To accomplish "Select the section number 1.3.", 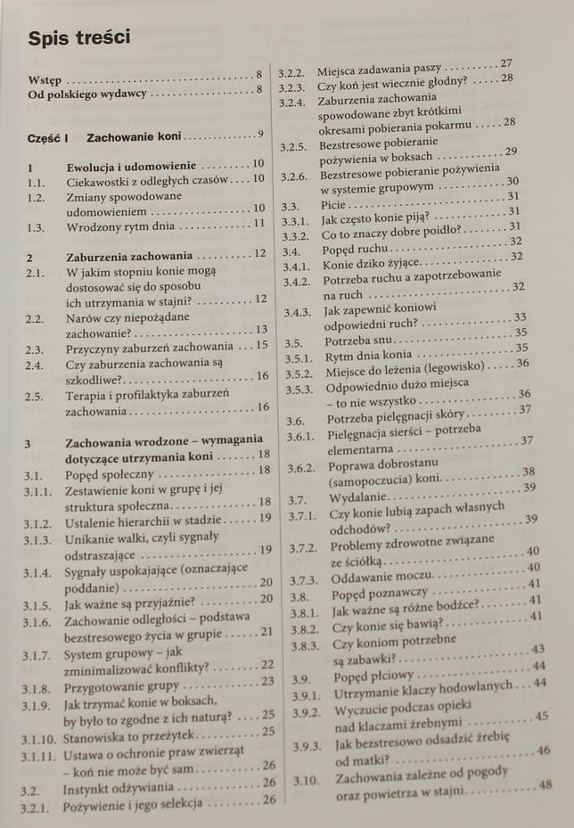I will [x=36, y=225].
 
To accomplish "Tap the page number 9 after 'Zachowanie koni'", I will [x=259, y=135].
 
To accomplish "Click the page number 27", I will [x=506, y=63].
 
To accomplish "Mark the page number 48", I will [x=545, y=784].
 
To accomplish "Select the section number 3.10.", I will [x=305, y=781].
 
